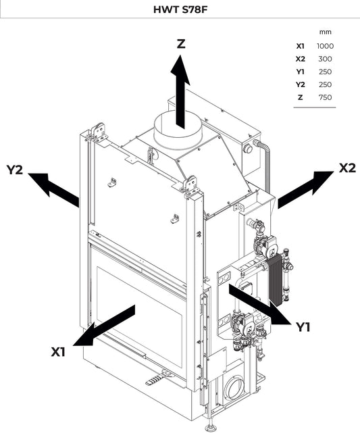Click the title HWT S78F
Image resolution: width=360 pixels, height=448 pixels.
coord(180,9)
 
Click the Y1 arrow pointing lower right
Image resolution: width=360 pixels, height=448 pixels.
coord(259,304)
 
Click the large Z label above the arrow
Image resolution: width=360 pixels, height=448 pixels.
coord(180,44)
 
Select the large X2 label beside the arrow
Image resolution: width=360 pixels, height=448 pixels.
coord(346,168)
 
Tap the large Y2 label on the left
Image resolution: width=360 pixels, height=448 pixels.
coord(15,170)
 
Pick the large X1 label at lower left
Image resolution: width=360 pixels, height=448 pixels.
coord(59,352)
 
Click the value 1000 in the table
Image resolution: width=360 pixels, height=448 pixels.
coord(325,46)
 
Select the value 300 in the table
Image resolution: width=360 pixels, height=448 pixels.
coord(325,59)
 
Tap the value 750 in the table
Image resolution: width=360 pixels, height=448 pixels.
coord(325,97)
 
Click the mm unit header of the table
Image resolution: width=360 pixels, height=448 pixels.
coord(325,32)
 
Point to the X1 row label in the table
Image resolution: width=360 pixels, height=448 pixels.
coord(300,46)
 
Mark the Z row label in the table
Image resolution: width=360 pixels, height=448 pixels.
coord(300,97)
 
